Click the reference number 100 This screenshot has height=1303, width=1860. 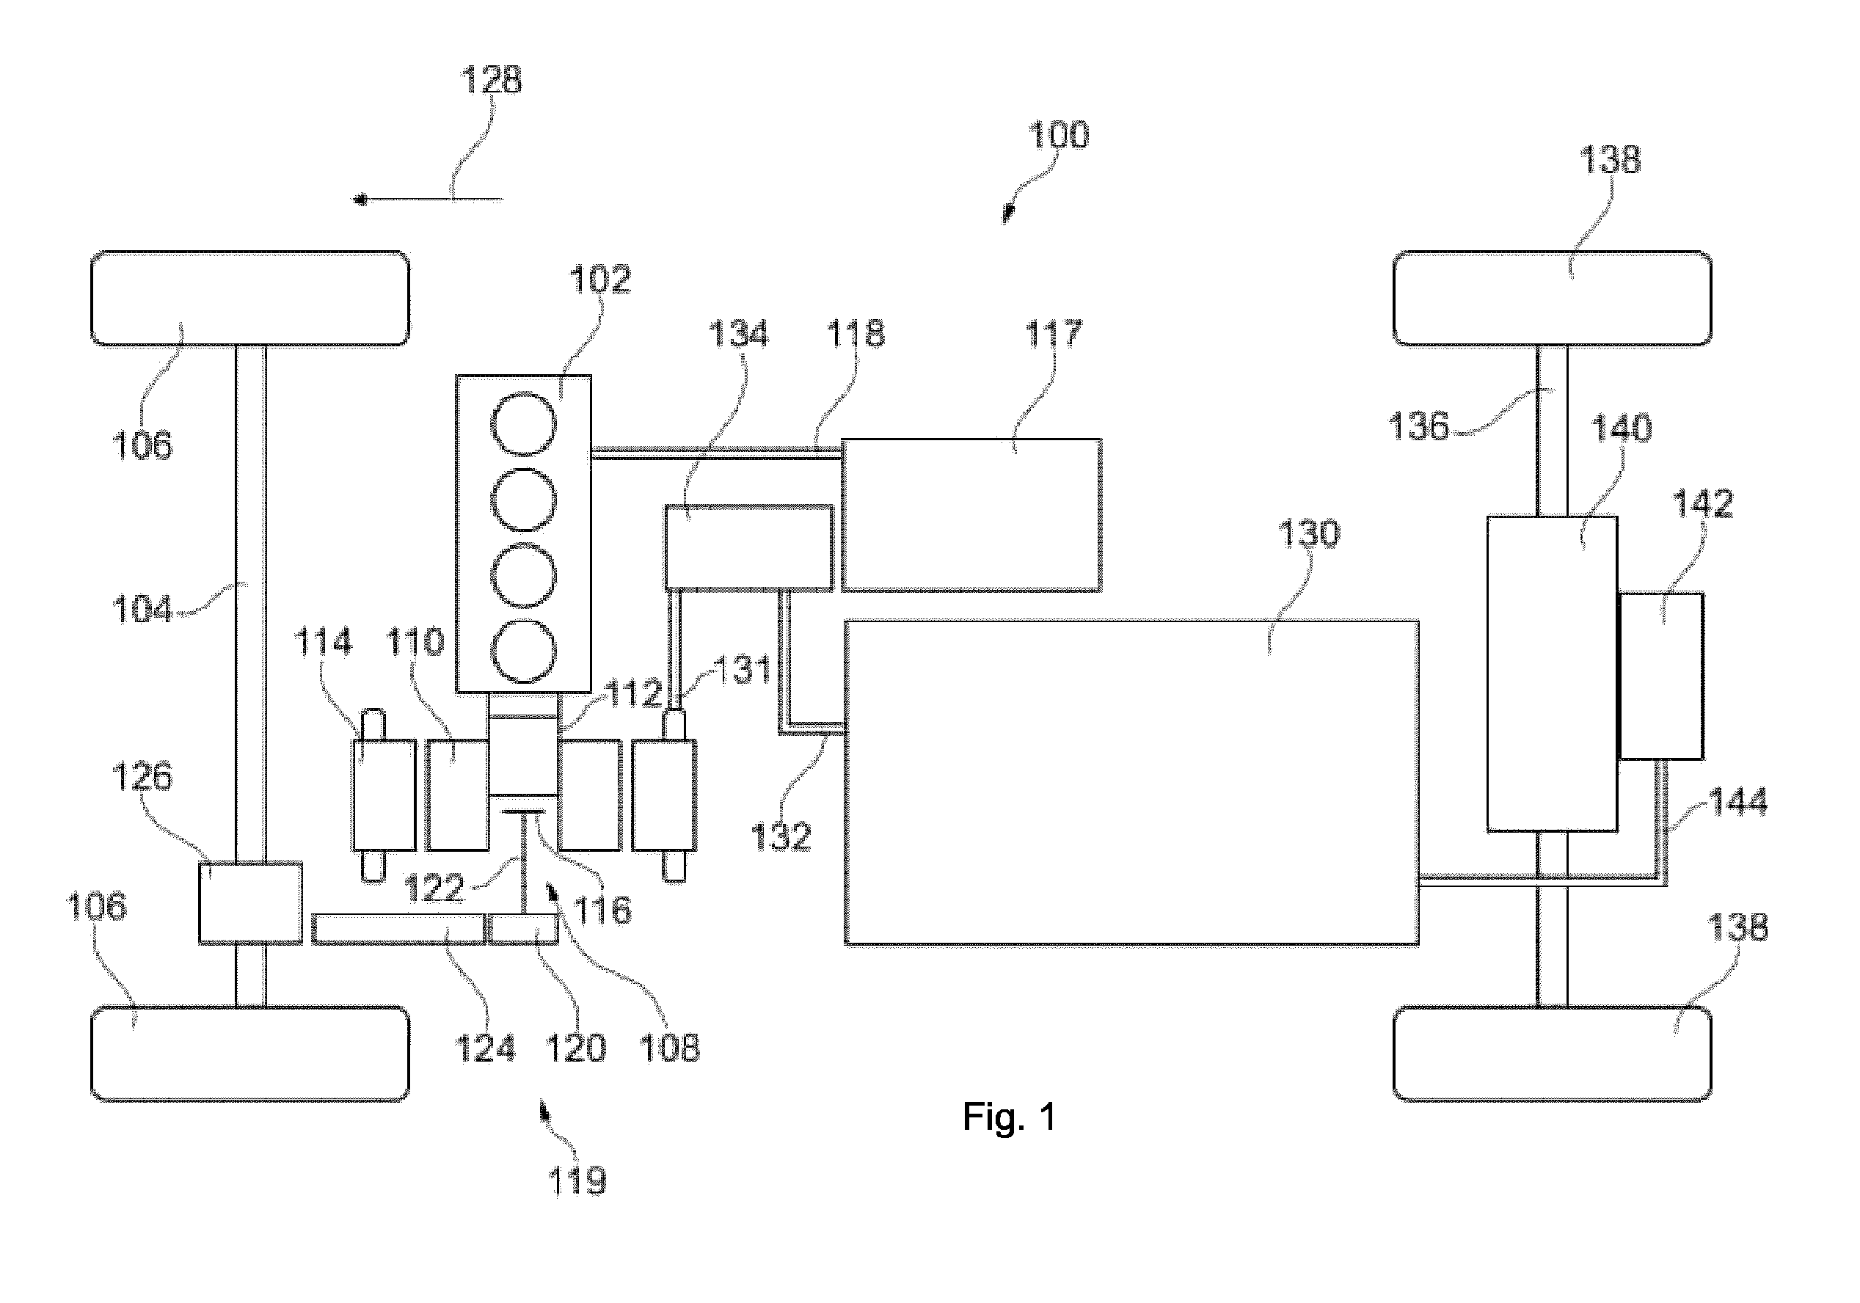pyautogui.click(x=1058, y=134)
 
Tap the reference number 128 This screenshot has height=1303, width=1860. pyautogui.click(x=492, y=79)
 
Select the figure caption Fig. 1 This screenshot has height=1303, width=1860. pyautogui.click(x=1010, y=1117)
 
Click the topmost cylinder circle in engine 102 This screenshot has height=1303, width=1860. pyautogui.click(x=524, y=424)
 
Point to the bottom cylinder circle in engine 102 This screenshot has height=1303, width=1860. pyautogui.click(x=524, y=652)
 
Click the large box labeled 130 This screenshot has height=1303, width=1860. pyautogui.click(x=1131, y=782)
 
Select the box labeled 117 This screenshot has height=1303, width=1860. pyautogui.click(x=971, y=515)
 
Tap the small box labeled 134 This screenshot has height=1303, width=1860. pyautogui.click(x=748, y=547)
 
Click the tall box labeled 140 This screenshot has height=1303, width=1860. pyautogui.click(x=1552, y=674)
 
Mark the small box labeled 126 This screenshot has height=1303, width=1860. pyautogui.click(x=250, y=903)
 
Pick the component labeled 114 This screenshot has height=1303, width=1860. pyautogui.click(x=383, y=795)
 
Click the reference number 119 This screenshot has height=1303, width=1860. pyautogui.click(x=577, y=1181)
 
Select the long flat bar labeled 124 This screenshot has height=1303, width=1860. pyautogui.click(x=398, y=929)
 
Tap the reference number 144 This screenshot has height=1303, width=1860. pyautogui.click(x=1737, y=802)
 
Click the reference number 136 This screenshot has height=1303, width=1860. pyautogui.click(x=1418, y=426)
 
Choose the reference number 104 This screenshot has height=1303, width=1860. pyautogui.click(x=142, y=609)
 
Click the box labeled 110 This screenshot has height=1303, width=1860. pyautogui.click(x=458, y=795)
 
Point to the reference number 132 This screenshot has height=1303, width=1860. pyautogui.click(x=781, y=836)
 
